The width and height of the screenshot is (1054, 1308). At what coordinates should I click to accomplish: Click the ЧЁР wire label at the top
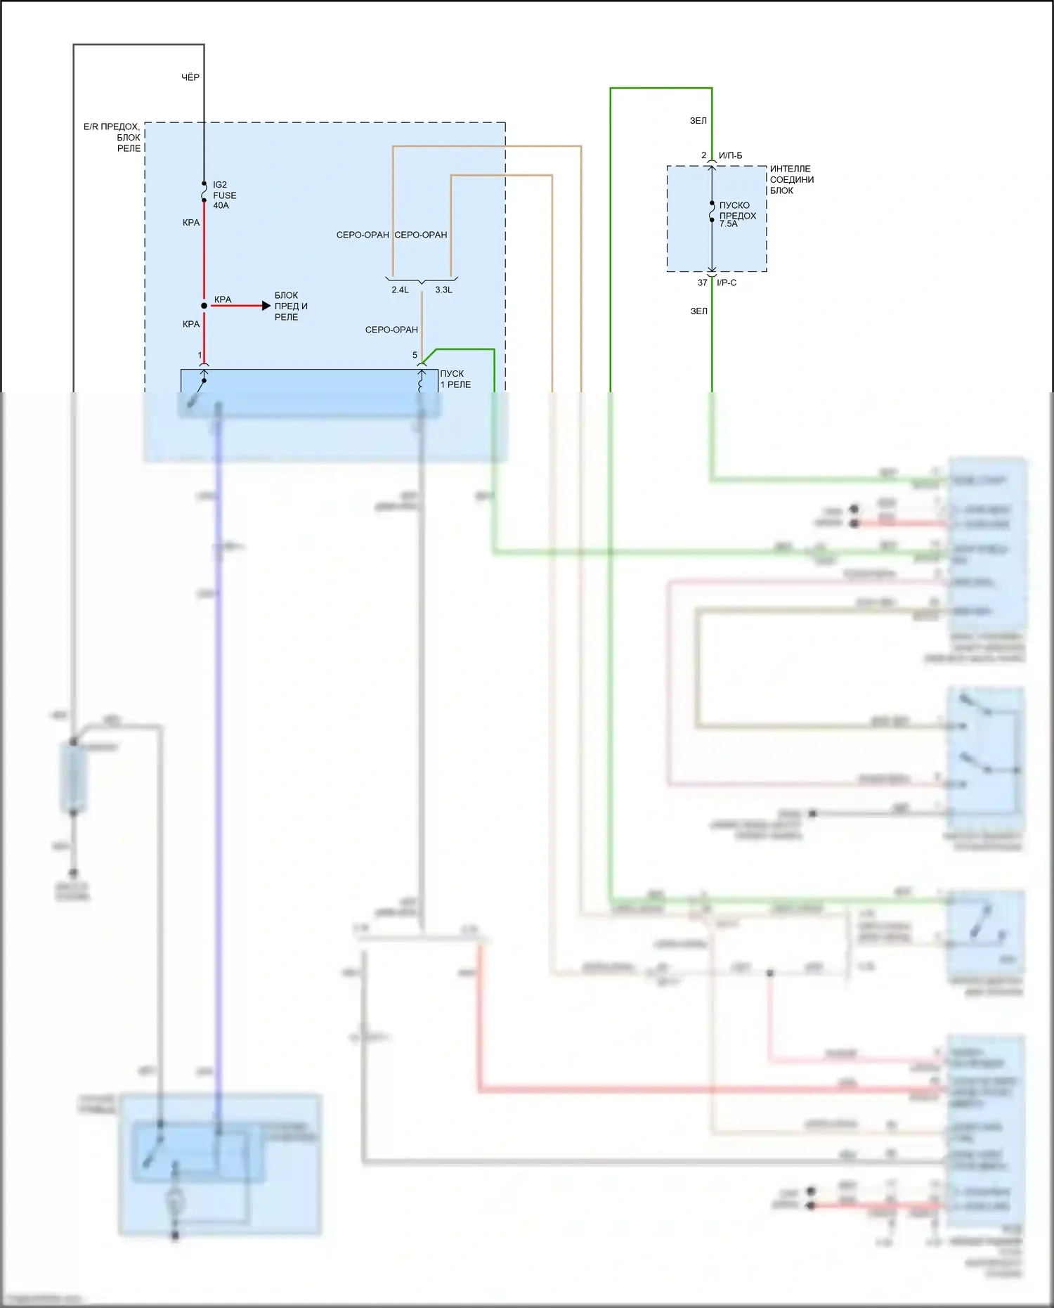click(x=190, y=77)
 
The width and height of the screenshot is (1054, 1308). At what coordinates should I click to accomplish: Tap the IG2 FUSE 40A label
click(x=224, y=195)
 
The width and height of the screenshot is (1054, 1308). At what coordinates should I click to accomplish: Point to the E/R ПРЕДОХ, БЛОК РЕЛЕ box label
click(x=113, y=138)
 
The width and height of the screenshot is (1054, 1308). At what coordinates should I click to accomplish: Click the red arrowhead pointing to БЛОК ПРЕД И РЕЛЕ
click(x=266, y=306)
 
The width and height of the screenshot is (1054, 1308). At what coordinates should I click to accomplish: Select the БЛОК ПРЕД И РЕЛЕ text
click(x=291, y=306)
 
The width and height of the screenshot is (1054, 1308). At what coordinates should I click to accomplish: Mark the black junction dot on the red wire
click(x=204, y=306)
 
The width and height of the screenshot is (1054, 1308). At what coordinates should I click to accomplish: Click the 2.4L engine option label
click(x=400, y=290)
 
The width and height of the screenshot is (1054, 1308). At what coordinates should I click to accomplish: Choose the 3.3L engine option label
click(x=443, y=290)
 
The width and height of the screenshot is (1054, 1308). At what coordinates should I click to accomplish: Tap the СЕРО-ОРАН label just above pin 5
click(x=391, y=330)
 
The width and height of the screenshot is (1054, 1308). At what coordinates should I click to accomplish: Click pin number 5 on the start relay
click(x=415, y=356)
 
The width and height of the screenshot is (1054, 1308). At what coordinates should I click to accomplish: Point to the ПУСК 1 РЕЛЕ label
click(x=455, y=380)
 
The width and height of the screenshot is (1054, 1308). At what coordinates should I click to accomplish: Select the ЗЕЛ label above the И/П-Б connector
click(x=698, y=121)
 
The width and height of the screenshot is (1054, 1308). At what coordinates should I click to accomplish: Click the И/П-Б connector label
click(x=730, y=155)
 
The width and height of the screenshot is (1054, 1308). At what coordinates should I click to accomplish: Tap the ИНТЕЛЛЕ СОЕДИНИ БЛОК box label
click(x=791, y=180)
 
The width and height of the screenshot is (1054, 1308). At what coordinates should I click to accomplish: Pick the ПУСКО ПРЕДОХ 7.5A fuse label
click(x=737, y=214)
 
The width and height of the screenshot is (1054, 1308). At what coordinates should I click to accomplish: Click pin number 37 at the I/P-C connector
click(x=703, y=283)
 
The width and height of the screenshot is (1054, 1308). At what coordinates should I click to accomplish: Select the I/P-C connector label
click(x=727, y=283)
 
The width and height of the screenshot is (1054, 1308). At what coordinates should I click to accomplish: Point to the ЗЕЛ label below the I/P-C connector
click(x=698, y=311)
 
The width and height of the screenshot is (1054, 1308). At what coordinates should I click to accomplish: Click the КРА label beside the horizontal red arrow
click(x=223, y=299)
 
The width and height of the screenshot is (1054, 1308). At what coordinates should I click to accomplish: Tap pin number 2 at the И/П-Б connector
click(x=703, y=155)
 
